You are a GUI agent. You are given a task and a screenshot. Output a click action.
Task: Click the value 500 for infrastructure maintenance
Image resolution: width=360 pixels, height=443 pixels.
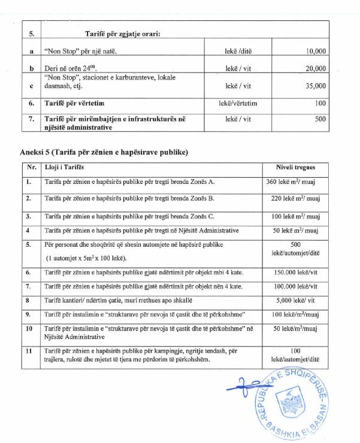(x=320, y=119)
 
